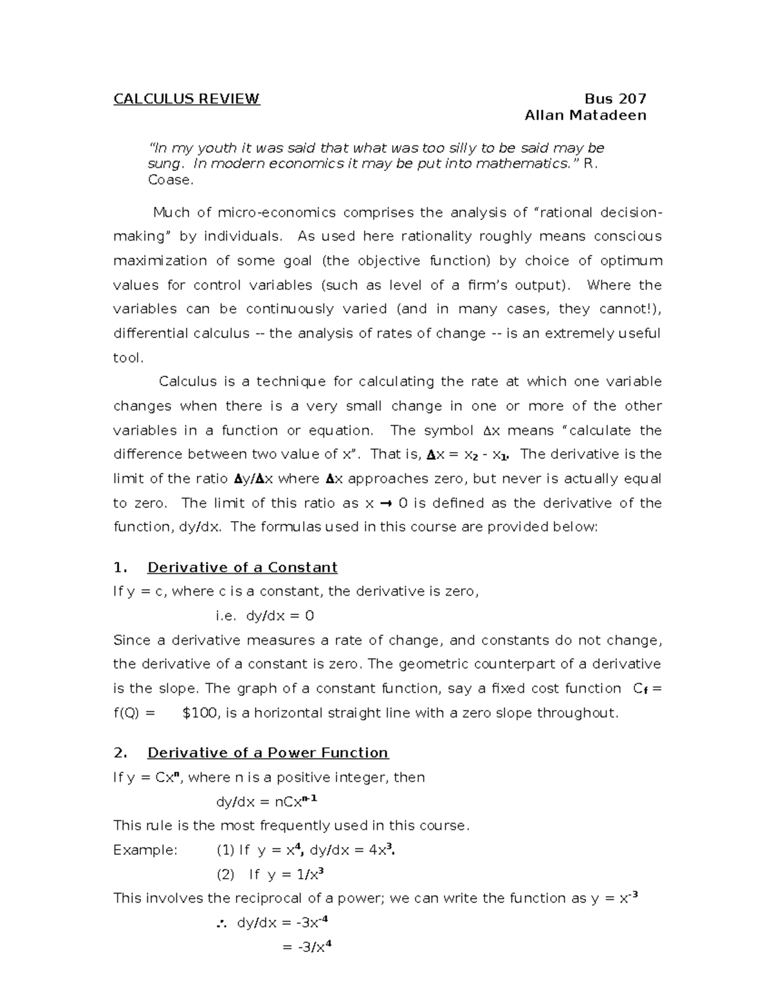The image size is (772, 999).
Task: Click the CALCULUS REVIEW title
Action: click(187, 99)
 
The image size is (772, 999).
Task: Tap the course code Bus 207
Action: click(615, 99)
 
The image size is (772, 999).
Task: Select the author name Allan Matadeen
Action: click(585, 116)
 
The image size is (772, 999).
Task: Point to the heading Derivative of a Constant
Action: click(242, 567)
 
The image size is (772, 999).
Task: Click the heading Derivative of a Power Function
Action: click(268, 753)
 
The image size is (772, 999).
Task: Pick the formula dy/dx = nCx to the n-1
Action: click(266, 802)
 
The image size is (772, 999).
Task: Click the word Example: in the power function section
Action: click(145, 850)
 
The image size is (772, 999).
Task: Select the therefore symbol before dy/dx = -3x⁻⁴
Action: click(223, 924)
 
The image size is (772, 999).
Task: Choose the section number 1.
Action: click(118, 567)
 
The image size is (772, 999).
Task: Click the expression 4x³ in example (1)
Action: click(381, 850)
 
